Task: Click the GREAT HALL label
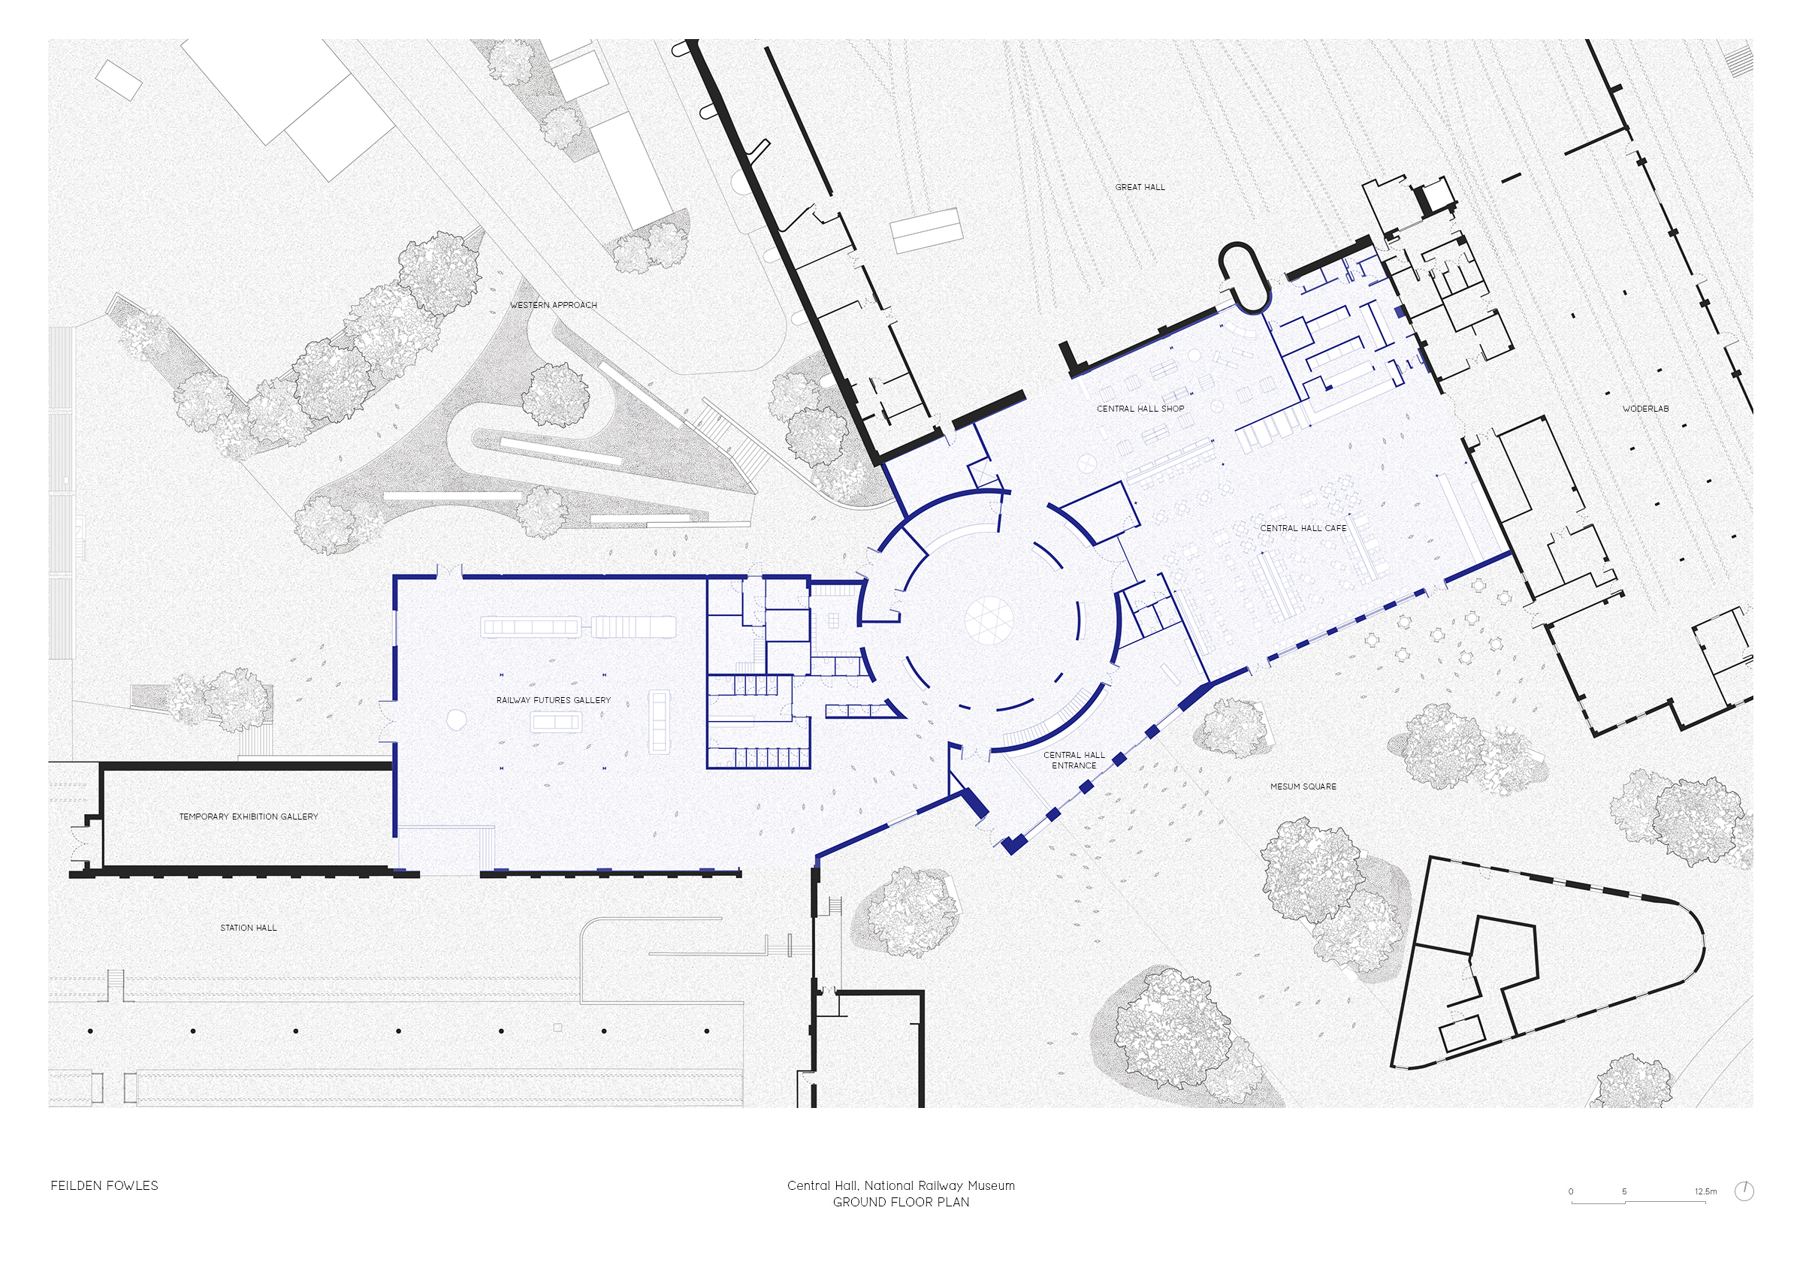(1140, 187)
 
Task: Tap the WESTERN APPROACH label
(554, 304)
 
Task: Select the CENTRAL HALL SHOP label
(1140, 408)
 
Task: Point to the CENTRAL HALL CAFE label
(1303, 528)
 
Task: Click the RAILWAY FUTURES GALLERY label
(554, 700)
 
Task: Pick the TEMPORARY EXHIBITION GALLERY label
(249, 817)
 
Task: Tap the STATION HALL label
(248, 928)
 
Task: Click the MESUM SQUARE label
(1303, 786)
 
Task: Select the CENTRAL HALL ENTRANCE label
(1074, 760)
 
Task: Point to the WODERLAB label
(1646, 408)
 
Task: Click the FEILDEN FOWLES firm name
(104, 1185)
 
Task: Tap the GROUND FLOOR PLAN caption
(901, 1202)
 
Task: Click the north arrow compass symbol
(1744, 1191)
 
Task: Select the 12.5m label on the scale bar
(1705, 1191)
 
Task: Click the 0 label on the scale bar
(1572, 1191)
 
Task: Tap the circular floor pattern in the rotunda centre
(989, 620)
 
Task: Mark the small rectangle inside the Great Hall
(926, 230)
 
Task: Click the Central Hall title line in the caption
(901, 1185)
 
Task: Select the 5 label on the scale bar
(1625, 1191)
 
